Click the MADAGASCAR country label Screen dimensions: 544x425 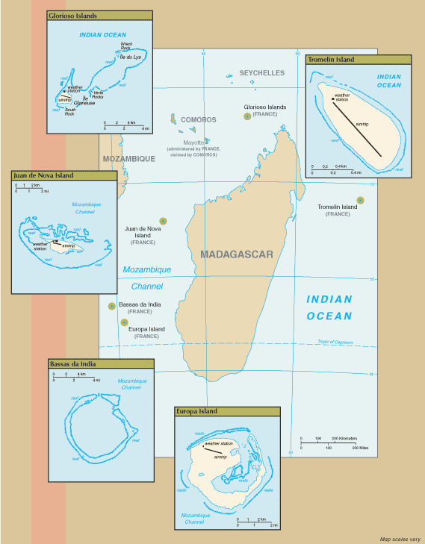237,254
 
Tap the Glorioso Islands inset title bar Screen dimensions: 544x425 99,15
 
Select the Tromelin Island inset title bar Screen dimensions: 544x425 358,59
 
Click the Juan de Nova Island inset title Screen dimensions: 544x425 63,175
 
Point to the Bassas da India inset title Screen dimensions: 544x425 100,363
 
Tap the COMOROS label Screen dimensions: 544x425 198,119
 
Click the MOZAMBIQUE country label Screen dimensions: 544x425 128,158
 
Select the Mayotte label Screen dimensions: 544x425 196,141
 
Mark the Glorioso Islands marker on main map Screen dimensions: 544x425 246,116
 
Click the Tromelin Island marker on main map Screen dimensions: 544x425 360,200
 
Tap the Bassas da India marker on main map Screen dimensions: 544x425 111,305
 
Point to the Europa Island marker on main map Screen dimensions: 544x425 123,322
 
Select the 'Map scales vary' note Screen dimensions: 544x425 400,538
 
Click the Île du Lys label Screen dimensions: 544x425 131,57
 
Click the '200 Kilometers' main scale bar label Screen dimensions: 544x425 344,438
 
